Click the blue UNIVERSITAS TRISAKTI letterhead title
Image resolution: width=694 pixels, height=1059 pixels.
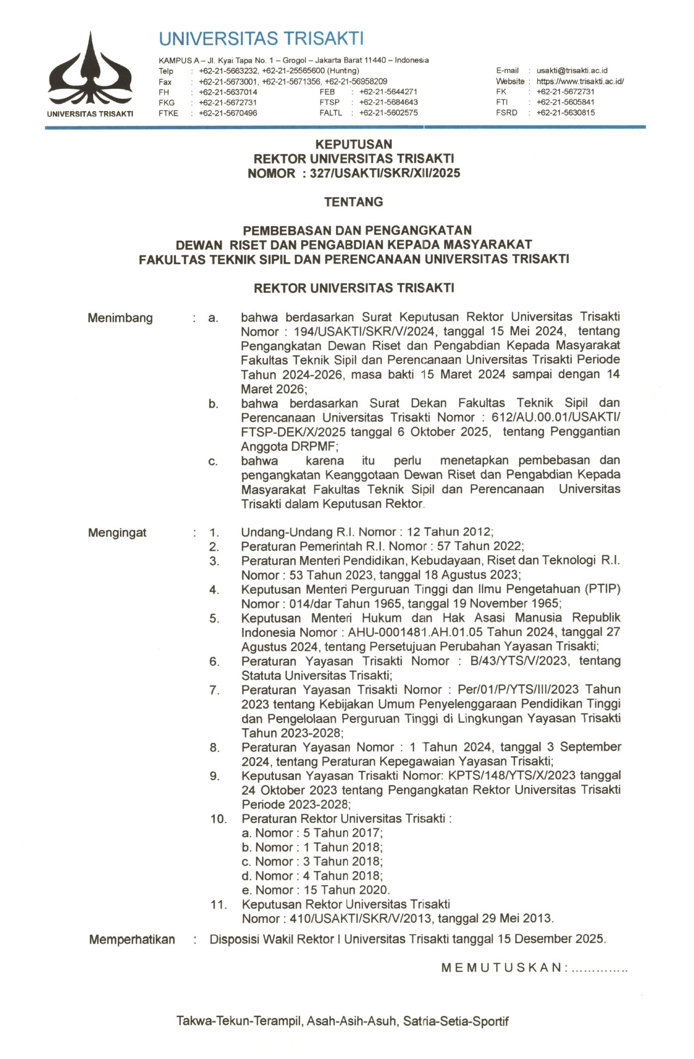pos(261,39)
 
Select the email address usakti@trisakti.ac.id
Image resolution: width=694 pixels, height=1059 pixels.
pos(571,71)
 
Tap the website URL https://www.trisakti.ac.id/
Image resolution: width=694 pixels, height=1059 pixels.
pos(580,82)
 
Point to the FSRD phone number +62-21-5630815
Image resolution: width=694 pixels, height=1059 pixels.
pos(565,113)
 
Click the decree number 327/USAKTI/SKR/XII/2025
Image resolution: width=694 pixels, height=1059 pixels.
pos(385,173)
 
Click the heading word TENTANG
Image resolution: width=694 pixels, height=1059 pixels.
pos(354,202)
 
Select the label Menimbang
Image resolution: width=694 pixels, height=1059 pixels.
pos(120,318)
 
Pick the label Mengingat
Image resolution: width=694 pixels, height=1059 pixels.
pos(117,533)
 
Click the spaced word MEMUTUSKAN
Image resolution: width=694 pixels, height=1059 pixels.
pos(502,968)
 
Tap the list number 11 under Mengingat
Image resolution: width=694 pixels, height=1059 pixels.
pos(218,905)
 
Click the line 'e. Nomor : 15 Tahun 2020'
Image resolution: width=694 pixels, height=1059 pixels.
pos(315,890)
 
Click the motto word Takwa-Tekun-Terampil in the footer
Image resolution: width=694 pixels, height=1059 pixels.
pos(239,1021)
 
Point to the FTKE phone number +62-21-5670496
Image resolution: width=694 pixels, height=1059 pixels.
pos(228,113)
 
